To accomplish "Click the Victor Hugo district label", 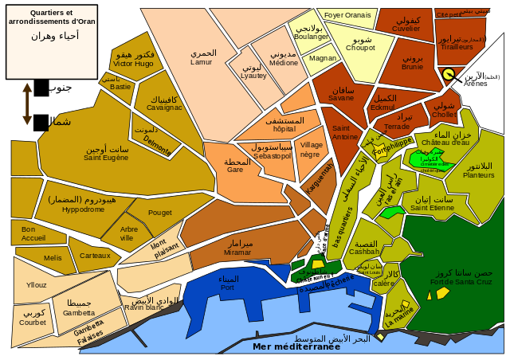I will [x=133, y=63].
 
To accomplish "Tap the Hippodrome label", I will [x=83, y=209].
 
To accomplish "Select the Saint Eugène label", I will [x=106, y=158].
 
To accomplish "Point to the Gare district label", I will [x=235, y=170].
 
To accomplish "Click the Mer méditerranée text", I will [x=296, y=346].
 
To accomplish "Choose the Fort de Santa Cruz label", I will [x=461, y=282].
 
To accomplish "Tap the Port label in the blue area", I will [x=227, y=287].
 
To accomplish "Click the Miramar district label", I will [x=238, y=252].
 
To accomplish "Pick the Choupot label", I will [x=360, y=48].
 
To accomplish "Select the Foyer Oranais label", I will [x=347, y=15].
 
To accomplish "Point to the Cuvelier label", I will [x=406, y=29].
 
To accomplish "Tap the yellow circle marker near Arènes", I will [x=449, y=74].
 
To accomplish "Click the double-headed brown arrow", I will [x=27, y=104].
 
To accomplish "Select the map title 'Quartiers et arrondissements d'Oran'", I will [x=51, y=17].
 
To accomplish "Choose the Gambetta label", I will [x=79, y=313].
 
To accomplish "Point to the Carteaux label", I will [x=95, y=256].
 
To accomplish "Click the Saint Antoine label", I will [x=345, y=137].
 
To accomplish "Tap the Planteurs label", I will [x=479, y=175].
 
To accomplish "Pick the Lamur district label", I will [x=202, y=61].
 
